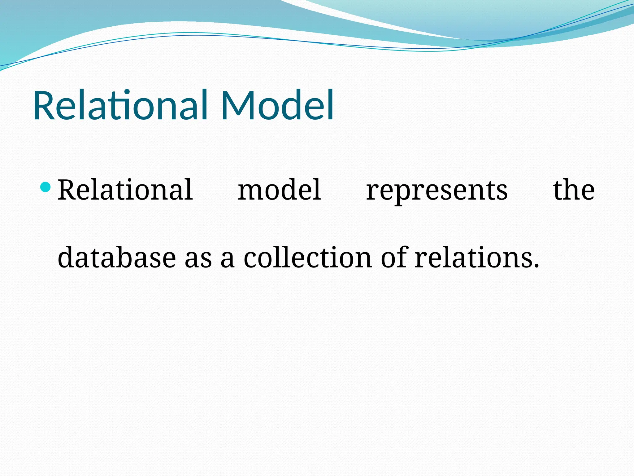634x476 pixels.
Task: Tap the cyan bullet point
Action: pos(46,187)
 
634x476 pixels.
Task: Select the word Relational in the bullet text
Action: pos(125,190)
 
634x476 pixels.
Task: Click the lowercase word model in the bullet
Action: pos(280,190)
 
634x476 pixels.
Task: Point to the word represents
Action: pos(437,191)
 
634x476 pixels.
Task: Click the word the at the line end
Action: pos(574,190)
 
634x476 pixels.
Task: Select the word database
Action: pos(117,257)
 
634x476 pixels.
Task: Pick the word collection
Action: pos(308,257)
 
